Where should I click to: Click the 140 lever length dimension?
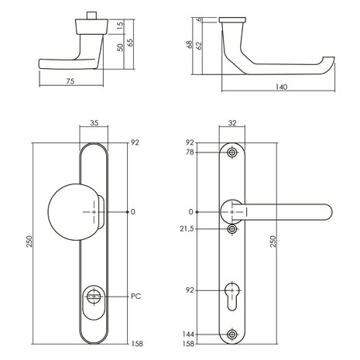tap(281, 87)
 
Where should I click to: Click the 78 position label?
tap(190, 153)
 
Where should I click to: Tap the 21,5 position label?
tap(188, 230)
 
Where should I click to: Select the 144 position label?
tap(189, 334)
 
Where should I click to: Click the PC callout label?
tap(135, 297)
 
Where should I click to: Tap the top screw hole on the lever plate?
tap(232, 153)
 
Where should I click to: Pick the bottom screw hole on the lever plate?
tap(232, 334)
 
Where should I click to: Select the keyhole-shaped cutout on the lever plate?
tap(232, 295)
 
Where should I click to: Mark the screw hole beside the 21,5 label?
tap(232, 230)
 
